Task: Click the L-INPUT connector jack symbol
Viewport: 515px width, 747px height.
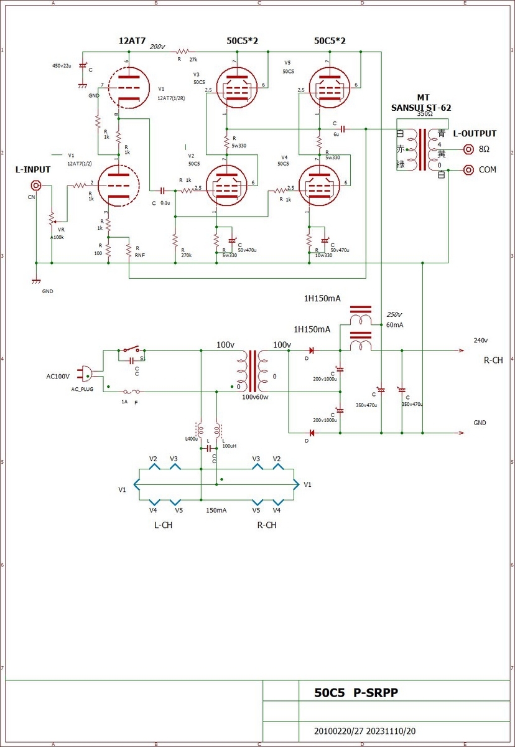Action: pyautogui.click(x=37, y=186)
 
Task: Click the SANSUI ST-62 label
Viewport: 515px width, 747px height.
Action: pyautogui.click(x=421, y=108)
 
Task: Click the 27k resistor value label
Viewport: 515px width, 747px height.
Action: pyautogui.click(x=194, y=60)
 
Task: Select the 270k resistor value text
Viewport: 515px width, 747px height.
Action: pyautogui.click(x=185, y=255)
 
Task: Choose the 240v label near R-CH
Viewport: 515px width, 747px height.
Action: pyautogui.click(x=481, y=341)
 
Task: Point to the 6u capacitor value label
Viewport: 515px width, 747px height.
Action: pyautogui.click(x=336, y=134)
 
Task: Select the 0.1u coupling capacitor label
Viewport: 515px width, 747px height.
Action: pyautogui.click(x=165, y=203)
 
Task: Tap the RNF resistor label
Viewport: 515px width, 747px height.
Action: pyautogui.click(x=140, y=255)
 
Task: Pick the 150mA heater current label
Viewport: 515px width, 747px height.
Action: pyautogui.click(x=216, y=510)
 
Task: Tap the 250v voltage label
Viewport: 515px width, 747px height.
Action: pyautogui.click(x=395, y=314)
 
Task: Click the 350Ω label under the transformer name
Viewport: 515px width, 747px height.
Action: pyautogui.click(x=425, y=115)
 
